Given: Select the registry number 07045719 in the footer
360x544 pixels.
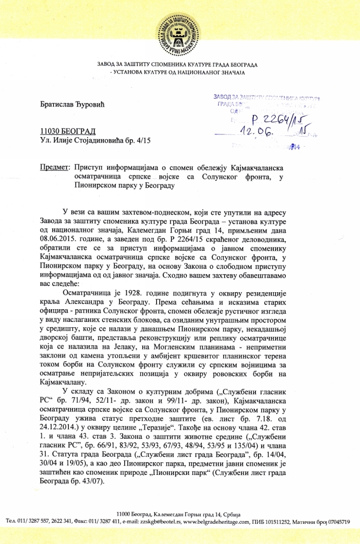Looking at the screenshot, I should [x=339, y=522].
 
